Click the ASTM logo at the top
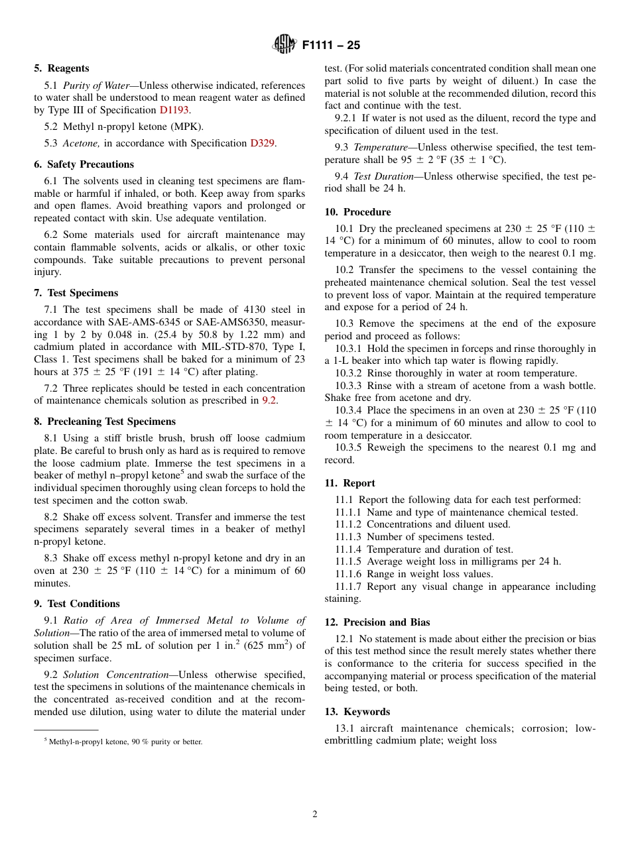point(284,45)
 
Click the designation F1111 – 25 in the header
point(331,46)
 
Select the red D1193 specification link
point(174,111)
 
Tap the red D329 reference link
point(262,143)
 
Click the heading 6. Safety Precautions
point(84,164)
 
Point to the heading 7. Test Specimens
point(76,293)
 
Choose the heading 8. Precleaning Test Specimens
point(105,421)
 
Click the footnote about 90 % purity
point(123,742)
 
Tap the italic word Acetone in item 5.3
point(81,143)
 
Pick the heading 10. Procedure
point(357,212)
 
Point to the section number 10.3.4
point(349,410)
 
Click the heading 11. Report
point(349,483)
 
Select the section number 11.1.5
point(349,561)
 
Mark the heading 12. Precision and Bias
point(377,622)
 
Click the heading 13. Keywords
point(357,712)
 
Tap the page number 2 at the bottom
point(315,815)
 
